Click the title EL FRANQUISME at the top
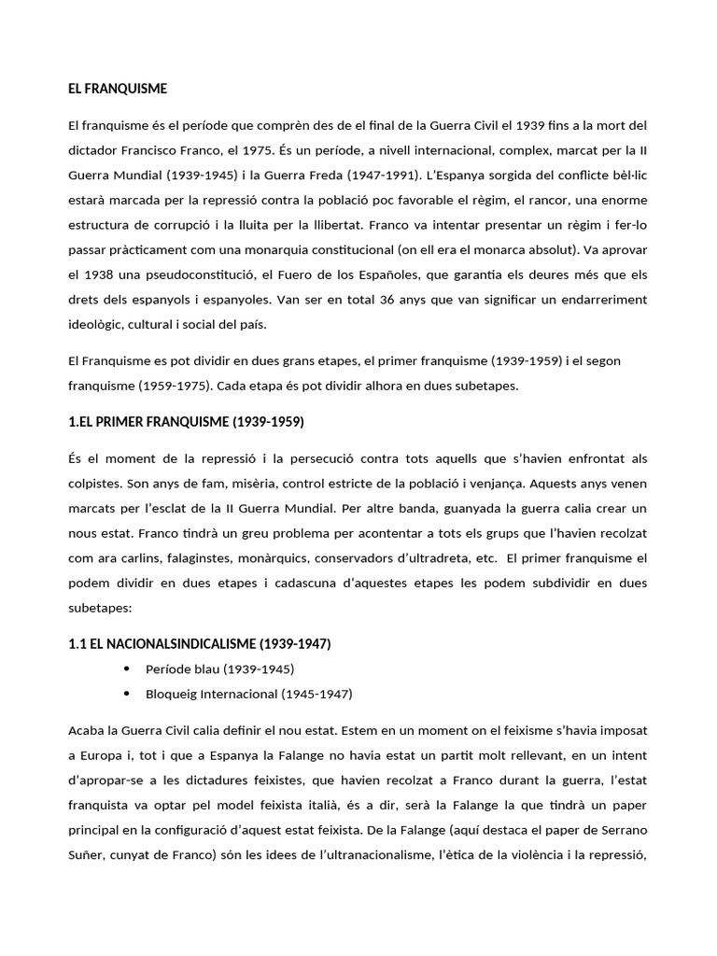118,89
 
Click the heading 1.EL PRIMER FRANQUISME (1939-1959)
186,422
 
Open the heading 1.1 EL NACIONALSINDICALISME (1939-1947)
199,644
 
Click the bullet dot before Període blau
127,668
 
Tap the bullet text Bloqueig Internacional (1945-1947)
249,694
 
